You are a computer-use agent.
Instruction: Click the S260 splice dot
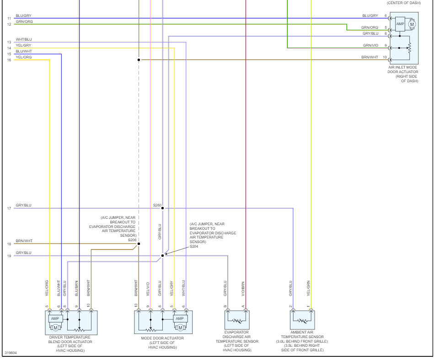pos(162,208)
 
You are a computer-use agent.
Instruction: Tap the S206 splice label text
pos(132,239)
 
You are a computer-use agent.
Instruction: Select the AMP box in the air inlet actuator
pos(400,24)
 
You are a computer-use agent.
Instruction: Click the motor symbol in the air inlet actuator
pos(412,24)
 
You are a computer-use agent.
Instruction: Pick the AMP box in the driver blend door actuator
pos(56,318)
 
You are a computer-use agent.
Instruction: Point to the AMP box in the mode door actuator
pos(179,318)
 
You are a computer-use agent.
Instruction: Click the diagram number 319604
pos(11,353)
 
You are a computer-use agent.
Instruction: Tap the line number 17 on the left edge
pos(9,209)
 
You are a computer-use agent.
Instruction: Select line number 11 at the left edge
pos(9,18)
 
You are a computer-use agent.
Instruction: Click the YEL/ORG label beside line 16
pos(24,57)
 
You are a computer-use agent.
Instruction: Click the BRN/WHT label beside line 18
pos(24,241)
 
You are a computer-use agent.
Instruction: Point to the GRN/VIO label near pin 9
pos(370,45)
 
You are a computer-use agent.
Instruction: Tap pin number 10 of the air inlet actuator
pos(385,58)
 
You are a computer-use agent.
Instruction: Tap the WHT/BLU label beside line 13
pos(24,39)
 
